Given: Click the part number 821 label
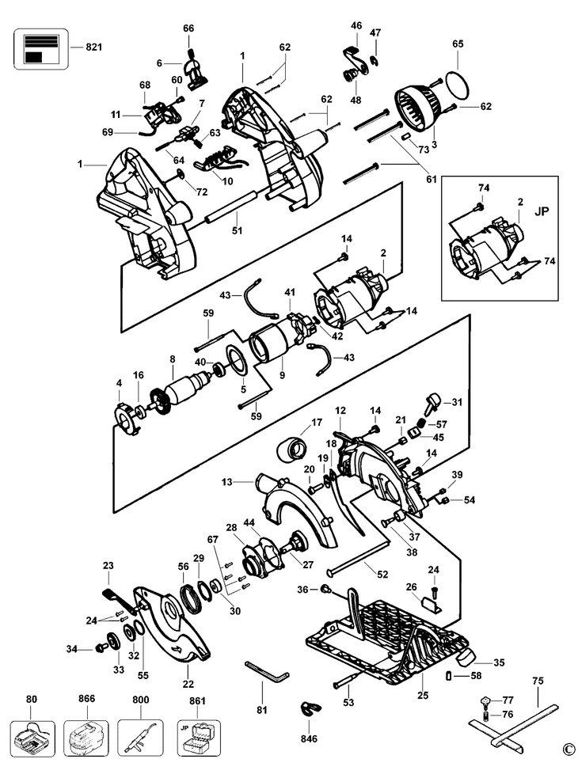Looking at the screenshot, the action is click(x=94, y=47).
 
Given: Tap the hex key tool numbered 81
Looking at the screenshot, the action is click(x=267, y=670).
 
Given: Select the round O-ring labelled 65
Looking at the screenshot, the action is click(x=457, y=82).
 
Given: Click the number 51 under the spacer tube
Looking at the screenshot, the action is click(x=237, y=231).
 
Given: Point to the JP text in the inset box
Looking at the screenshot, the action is click(x=542, y=211).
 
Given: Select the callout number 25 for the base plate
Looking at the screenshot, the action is click(x=423, y=696).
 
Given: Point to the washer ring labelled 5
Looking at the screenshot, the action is click(x=238, y=359).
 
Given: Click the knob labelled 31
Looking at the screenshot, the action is click(x=433, y=403).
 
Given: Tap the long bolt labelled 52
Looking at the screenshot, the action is click(x=359, y=559).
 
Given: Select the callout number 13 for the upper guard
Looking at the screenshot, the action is click(x=227, y=482).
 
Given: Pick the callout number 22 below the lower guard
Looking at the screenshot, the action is click(x=188, y=684).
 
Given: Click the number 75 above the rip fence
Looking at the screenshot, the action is click(x=538, y=681).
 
